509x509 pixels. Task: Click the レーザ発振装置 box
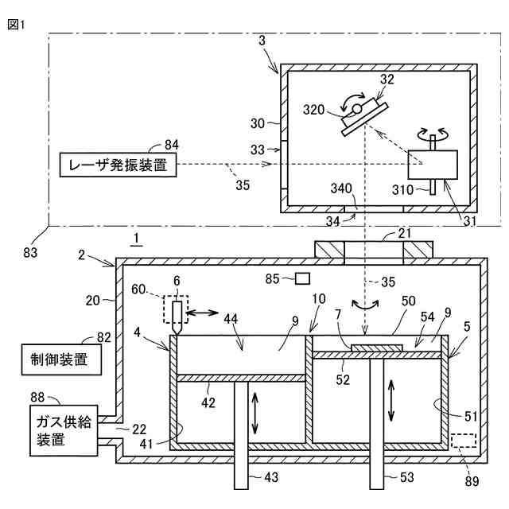click(117, 166)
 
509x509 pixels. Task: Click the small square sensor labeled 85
click(302, 278)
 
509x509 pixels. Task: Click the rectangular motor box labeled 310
click(432, 165)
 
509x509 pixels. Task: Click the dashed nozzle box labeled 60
click(177, 309)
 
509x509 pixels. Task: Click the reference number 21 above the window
click(405, 233)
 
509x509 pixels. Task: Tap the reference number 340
click(340, 188)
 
